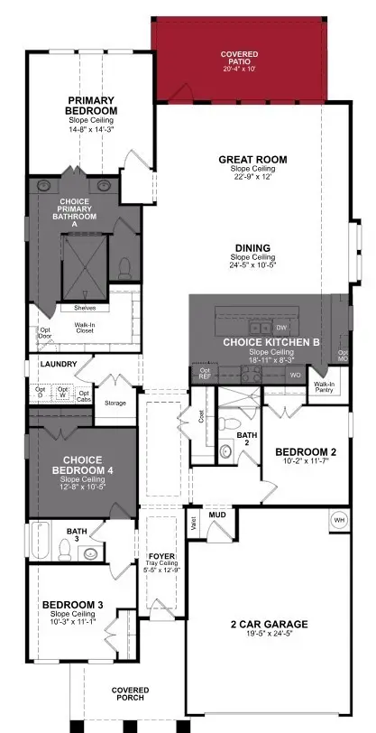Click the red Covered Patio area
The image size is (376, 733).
pyautogui.click(x=239, y=59)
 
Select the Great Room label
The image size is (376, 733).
pyautogui.click(x=252, y=160)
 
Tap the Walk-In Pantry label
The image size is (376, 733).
pyautogui.click(x=324, y=386)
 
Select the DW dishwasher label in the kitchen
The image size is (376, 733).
pyautogui.click(x=281, y=328)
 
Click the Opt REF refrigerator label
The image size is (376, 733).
pyautogui.click(x=205, y=372)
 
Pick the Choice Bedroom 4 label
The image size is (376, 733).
pyautogui.click(x=80, y=465)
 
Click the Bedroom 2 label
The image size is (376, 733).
pyautogui.click(x=306, y=451)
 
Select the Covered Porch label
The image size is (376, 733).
pyautogui.click(x=131, y=695)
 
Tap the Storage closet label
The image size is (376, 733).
pyautogui.click(x=115, y=403)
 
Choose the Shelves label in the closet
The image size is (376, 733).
pyautogui.click(x=85, y=308)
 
